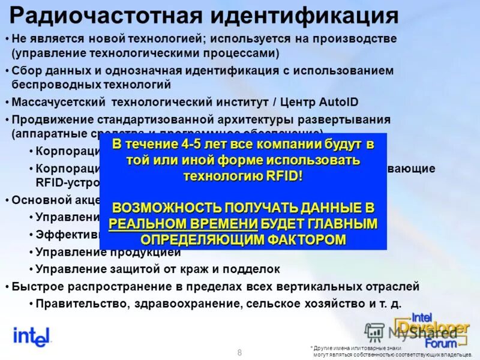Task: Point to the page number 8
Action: tap(240, 352)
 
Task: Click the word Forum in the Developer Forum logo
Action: tap(441, 343)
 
